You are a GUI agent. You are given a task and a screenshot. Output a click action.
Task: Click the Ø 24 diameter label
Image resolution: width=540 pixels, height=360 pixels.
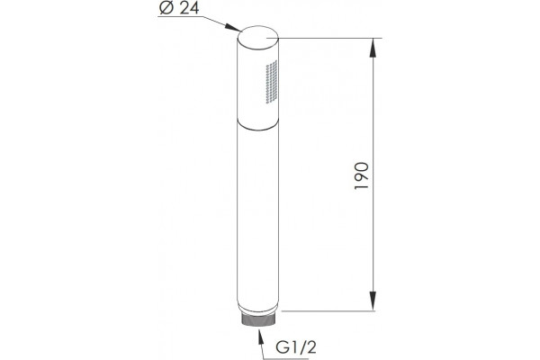(179, 8)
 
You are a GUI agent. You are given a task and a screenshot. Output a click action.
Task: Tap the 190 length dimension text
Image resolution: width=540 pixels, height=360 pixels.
(362, 175)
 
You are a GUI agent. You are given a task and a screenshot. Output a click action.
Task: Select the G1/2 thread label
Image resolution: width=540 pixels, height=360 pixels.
(296, 347)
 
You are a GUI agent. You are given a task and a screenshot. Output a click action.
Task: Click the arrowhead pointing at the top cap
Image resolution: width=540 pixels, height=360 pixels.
(232, 27)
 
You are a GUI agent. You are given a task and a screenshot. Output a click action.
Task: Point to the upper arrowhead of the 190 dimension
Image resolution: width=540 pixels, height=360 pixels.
(373, 48)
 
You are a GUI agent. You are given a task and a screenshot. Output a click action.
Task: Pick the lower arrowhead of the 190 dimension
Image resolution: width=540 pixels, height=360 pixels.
(373, 301)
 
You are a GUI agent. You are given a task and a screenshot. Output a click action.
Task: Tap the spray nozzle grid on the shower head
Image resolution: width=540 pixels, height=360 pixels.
(272, 82)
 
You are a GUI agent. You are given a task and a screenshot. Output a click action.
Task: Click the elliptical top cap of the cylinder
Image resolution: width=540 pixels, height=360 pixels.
(257, 36)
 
